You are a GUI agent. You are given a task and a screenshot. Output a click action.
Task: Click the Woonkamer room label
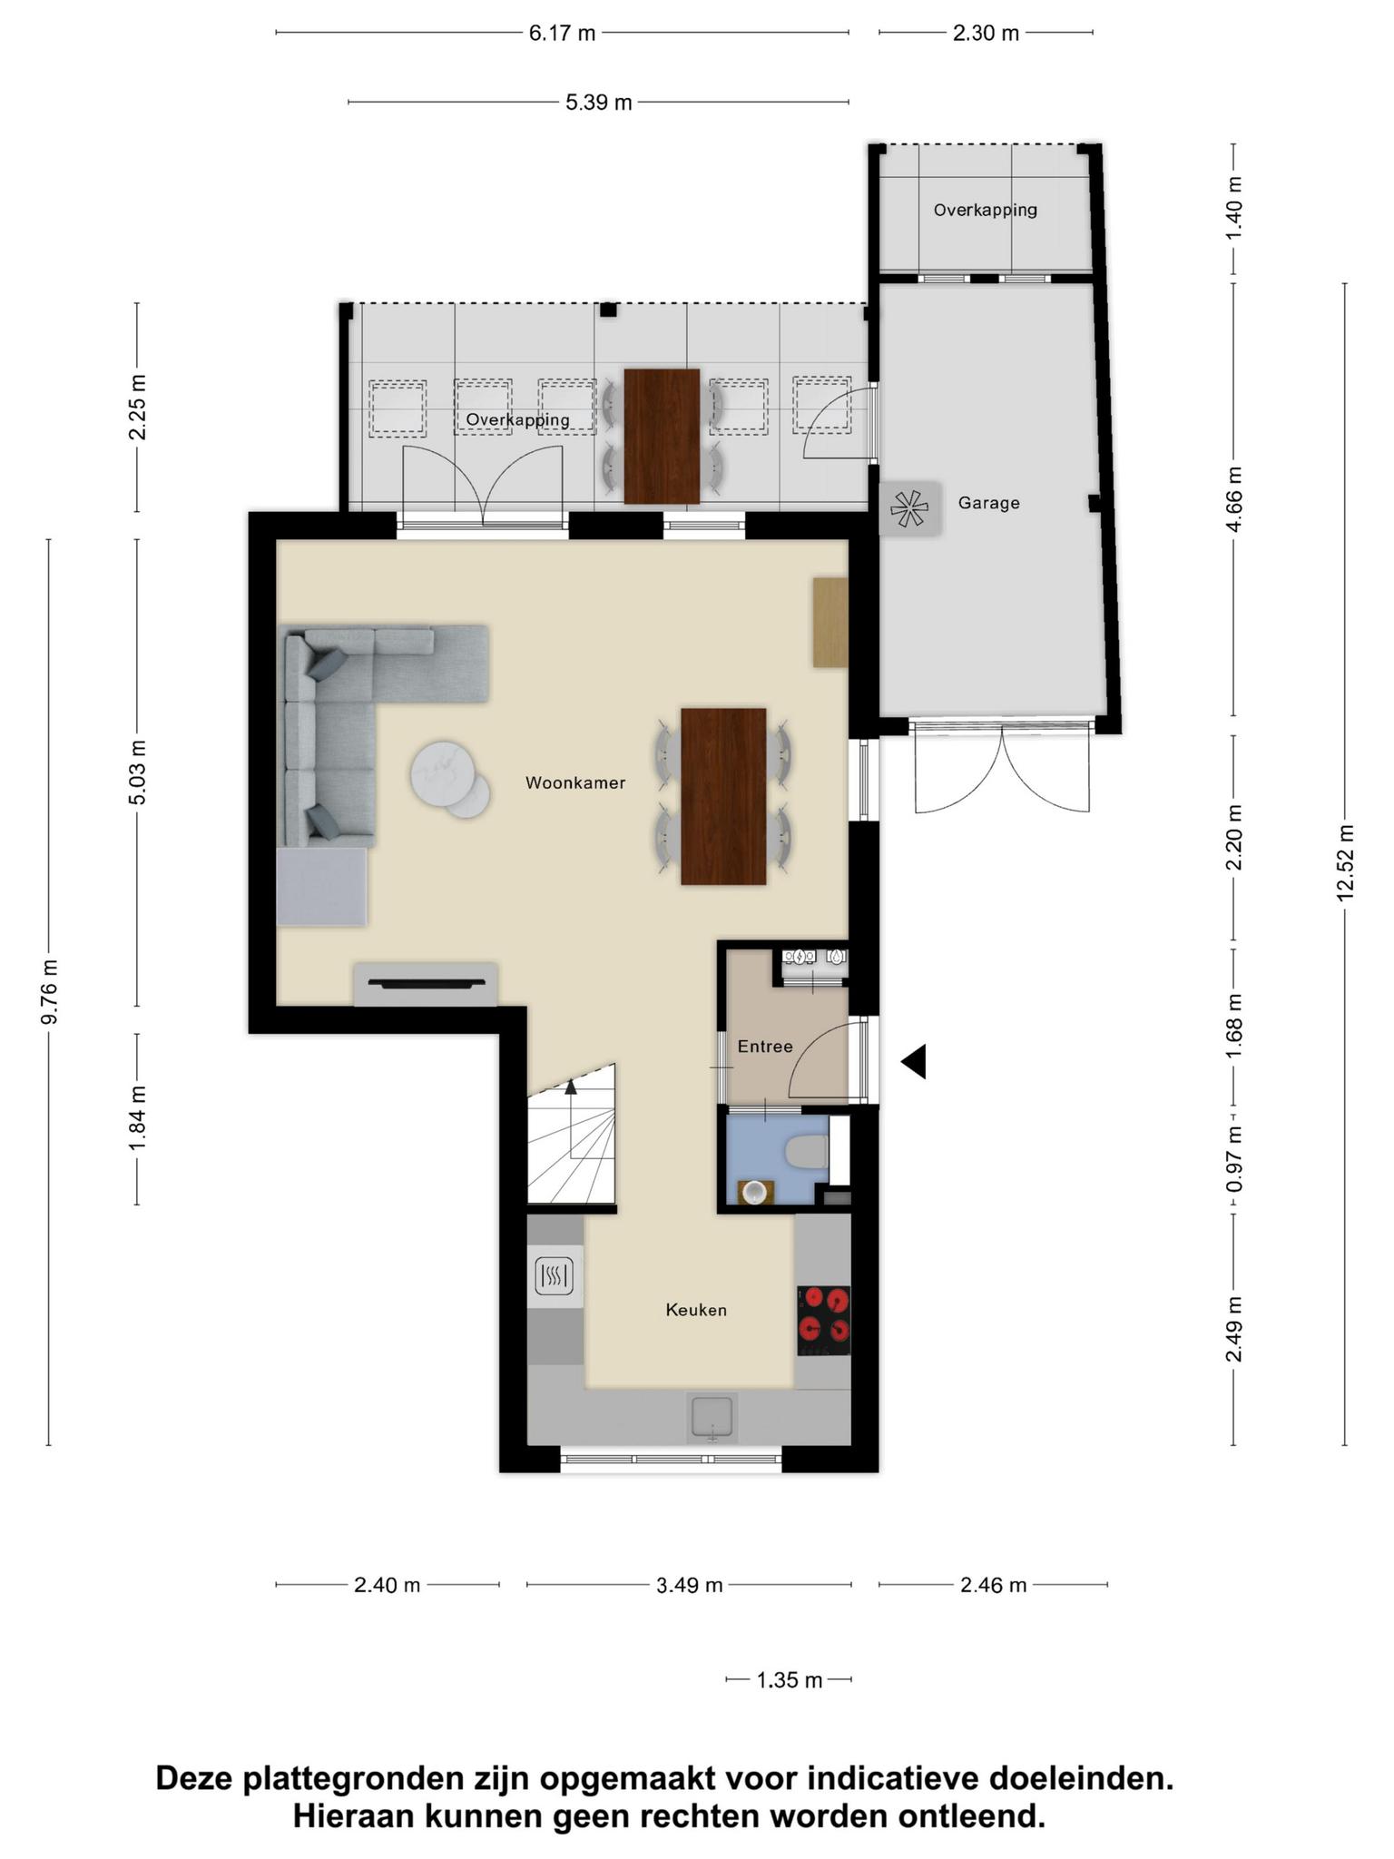click(x=575, y=782)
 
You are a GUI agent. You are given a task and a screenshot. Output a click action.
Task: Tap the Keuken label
click(x=696, y=1310)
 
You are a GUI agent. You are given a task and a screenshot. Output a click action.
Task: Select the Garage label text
click(x=988, y=503)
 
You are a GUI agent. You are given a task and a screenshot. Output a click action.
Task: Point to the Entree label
click(x=765, y=1047)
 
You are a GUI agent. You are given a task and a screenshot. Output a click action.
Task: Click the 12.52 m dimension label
click(x=1345, y=863)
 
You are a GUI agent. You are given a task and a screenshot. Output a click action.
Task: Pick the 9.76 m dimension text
click(x=49, y=991)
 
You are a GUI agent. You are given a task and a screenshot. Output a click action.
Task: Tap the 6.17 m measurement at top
click(x=563, y=34)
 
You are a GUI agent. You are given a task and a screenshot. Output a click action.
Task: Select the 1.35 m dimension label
click(x=790, y=1680)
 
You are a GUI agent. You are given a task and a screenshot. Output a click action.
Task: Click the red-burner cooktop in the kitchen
click(x=824, y=1321)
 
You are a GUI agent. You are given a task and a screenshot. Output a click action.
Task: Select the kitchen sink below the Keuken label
click(x=712, y=1419)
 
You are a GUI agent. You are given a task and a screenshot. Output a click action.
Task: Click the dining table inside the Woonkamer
click(x=723, y=796)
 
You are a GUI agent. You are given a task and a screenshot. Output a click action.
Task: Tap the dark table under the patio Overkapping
click(x=662, y=436)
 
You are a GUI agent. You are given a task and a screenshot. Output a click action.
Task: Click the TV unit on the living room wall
click(x=426, y=984)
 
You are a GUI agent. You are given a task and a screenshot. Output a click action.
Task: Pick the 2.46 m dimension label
click(x=994, y=1585)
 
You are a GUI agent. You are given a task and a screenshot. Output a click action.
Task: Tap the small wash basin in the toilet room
click(x=753, y=1192)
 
